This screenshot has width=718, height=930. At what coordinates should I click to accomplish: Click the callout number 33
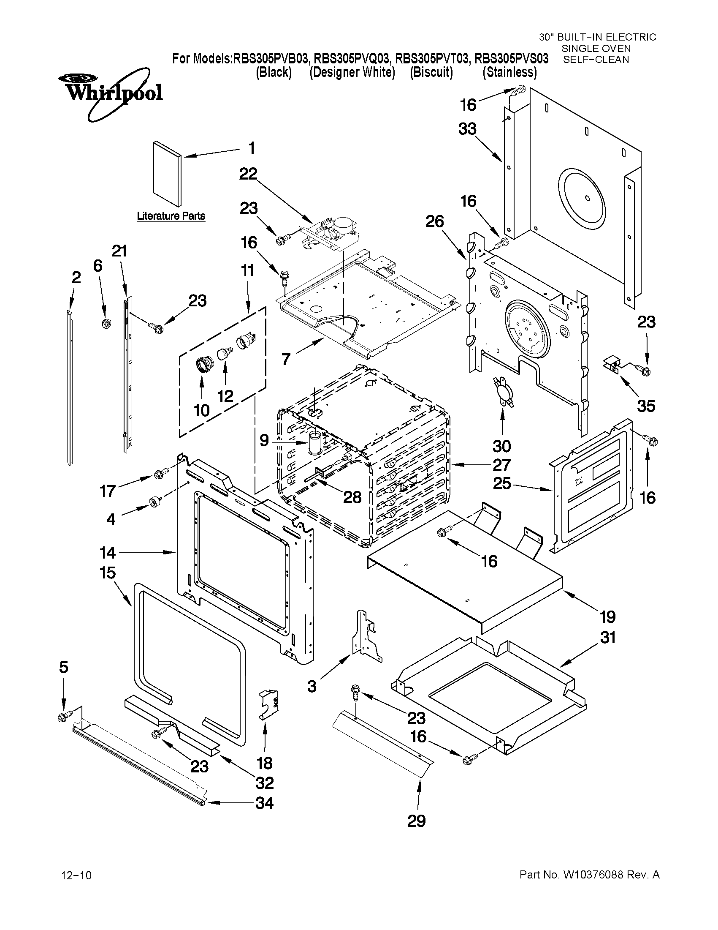click(x=467, y=129)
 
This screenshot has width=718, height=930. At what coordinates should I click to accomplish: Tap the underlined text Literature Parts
click(x=171, y=216)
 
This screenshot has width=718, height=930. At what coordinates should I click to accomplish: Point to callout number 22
click(x=248, y=174)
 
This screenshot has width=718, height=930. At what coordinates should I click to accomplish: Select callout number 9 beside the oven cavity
click(x=264, y=440)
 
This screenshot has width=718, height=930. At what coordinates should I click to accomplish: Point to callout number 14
click(x=107, y=553)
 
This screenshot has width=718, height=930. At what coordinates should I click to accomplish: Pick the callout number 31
click(x=607, y=638)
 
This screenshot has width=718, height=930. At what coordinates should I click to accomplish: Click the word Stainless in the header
click(x=509, y=72)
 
